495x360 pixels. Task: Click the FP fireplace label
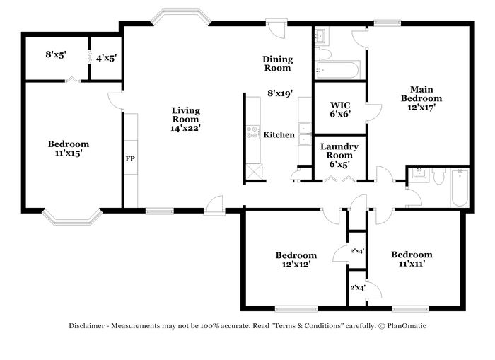(130, 159)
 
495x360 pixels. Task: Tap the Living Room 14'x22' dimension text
(185, 128)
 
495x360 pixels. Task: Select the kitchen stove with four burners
(253, 132)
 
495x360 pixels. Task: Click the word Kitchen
(279, 135)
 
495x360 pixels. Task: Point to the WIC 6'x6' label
(340, 109)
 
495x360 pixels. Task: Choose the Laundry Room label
(339, 151)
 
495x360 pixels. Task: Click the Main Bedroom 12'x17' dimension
(421, 108)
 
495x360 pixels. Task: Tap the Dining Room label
(278, 64)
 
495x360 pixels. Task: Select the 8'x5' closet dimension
(56, 54)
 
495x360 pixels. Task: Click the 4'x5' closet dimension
(106, 58)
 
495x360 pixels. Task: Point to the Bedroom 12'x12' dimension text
(296, 264)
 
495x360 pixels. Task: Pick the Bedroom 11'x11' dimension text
(412, 263)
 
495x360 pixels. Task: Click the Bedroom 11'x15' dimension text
(68, 153)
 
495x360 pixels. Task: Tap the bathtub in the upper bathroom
(337, 70)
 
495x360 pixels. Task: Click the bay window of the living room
(181, 16)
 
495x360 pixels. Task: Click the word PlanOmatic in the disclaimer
(407, 325)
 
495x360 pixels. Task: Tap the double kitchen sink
(305, 134)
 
